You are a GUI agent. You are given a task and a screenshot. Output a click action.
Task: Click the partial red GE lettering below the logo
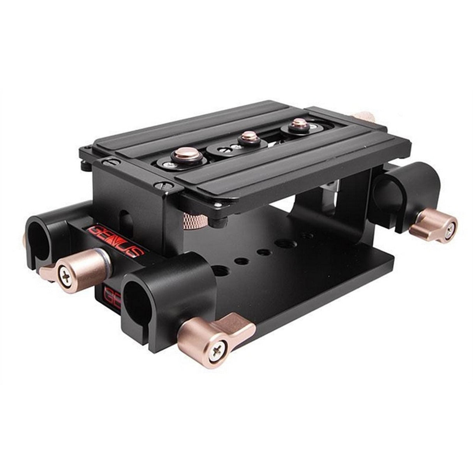111,298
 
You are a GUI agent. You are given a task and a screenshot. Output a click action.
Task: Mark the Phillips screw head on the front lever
217,354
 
